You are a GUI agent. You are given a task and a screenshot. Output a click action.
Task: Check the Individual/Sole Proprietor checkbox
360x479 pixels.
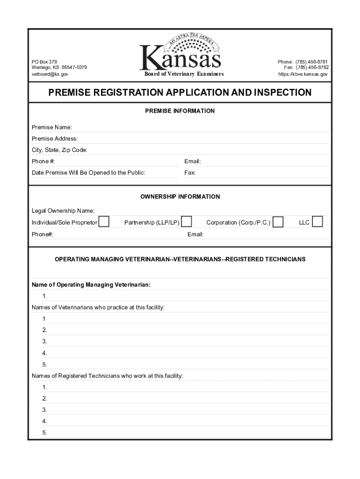tap(104, 222)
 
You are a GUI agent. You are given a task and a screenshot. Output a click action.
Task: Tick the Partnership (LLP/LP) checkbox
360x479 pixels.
tap(187, 222)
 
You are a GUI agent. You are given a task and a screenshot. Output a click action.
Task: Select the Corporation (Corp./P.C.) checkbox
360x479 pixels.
tap(278, 222)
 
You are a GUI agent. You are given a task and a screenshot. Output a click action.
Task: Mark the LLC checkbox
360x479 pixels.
tap(317, 222)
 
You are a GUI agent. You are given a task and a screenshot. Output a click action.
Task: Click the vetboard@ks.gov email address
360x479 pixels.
tap(50, 74)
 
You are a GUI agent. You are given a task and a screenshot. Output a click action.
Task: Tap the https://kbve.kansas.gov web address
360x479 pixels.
tap(303, 74)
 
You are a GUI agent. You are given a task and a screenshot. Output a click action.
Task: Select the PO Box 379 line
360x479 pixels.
tap(44, 62)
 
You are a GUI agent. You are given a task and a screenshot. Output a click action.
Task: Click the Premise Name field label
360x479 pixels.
tap(52, 127)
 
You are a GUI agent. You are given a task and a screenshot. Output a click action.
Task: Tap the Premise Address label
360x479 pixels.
tap(55, 138)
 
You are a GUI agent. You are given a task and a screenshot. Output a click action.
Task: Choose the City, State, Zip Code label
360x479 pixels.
tap(59, 150)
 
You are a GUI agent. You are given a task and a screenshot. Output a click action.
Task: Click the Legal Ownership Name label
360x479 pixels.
tap(63, 211)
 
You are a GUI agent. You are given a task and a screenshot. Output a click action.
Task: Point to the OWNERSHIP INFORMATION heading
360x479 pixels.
tap(180, 196)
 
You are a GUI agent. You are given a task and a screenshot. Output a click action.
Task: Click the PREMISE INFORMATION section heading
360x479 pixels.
tap(180, 111)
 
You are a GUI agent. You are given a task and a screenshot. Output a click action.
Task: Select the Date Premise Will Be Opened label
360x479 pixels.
tap(88, 173)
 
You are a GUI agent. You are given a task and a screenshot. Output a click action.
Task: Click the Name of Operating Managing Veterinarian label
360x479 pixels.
tap(91, 284)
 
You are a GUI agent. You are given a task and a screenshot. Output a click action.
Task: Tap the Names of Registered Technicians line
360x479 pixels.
tap(108, 376)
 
